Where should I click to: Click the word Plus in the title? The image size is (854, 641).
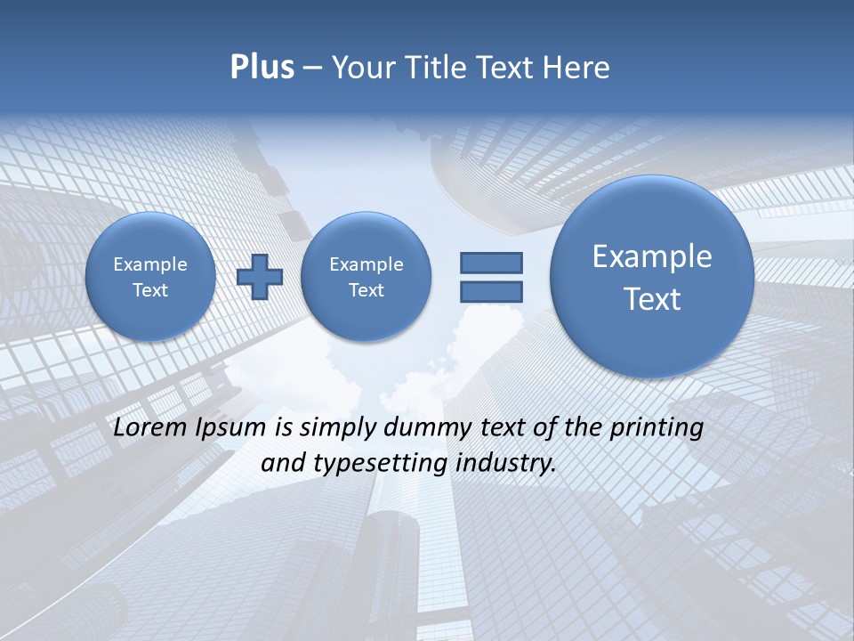262,68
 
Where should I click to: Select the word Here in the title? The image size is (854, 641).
576,68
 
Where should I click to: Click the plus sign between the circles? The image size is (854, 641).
260,277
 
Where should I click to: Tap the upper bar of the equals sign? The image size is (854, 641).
491,263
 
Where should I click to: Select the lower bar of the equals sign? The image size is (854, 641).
491,291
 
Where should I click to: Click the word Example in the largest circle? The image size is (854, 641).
652,256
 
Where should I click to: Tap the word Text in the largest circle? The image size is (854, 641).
652,299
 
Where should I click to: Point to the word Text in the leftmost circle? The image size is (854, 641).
150,290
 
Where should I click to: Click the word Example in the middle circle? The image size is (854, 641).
366,264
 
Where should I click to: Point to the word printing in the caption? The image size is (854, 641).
658,428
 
